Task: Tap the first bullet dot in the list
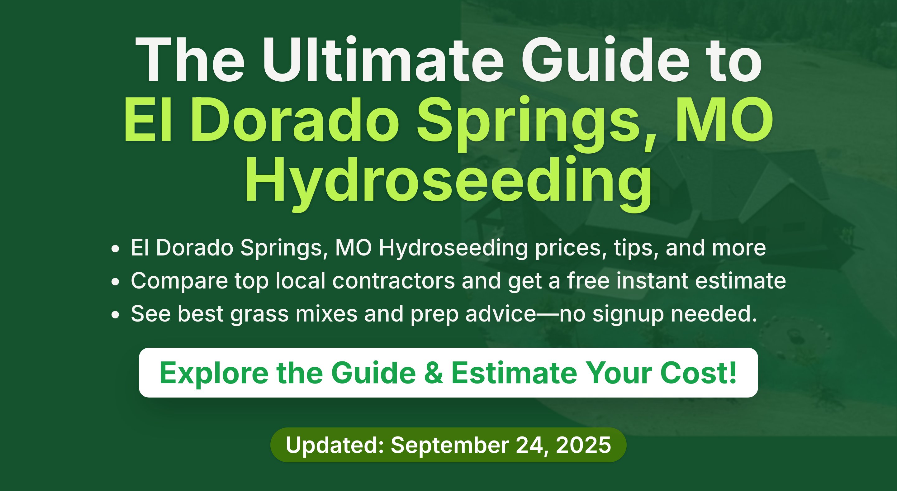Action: click(115, 249)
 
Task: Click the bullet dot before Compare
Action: click(115, 282)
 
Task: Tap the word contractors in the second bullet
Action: click(393, 281)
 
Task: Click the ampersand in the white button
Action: click(434, 373)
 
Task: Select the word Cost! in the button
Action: click(698, 373)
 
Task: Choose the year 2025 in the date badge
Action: click(583, 445)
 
